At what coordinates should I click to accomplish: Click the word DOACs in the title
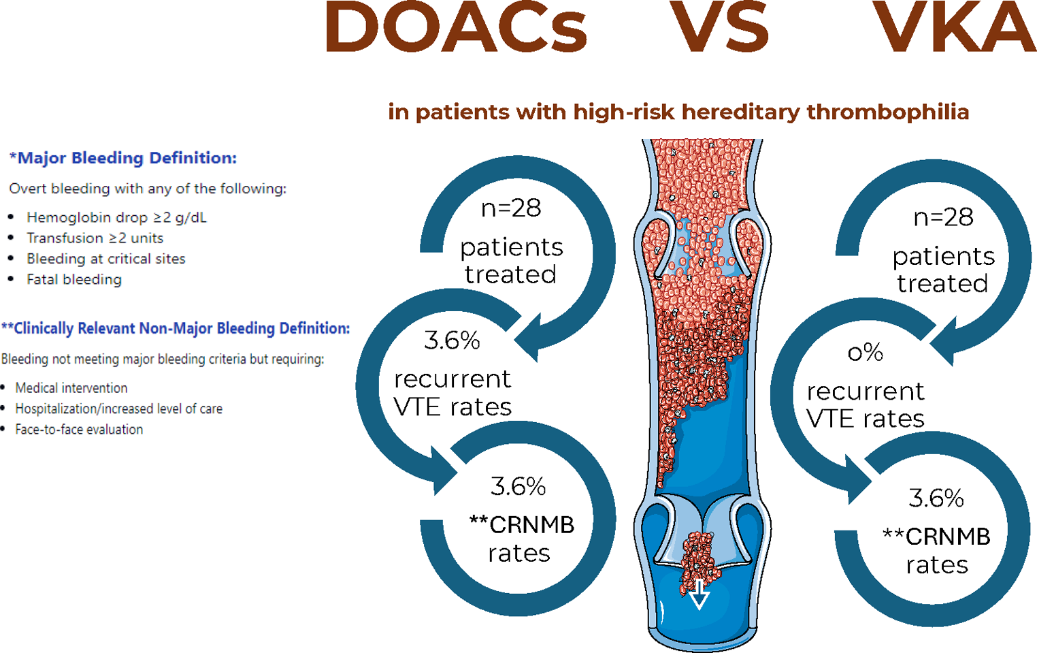[456, 27]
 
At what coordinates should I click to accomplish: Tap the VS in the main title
[719, 27]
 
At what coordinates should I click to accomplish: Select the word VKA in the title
[954, 27]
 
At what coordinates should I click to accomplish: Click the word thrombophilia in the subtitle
[888, 112]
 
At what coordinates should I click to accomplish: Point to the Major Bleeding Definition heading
[122, 158]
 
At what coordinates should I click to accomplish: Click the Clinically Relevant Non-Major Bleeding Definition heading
[176, 328]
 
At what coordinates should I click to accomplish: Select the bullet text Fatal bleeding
[74, 280]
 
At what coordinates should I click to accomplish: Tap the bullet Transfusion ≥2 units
[95, 238]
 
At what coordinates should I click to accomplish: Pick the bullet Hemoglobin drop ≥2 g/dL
[116, 217]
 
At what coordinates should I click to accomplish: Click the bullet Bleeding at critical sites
[106, 259]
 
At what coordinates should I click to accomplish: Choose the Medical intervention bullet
[71, 388]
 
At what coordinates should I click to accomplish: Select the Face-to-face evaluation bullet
[79, 430]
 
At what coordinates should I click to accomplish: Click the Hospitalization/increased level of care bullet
[119, 409]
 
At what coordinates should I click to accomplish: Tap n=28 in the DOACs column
[511, 208]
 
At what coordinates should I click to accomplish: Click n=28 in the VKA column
[944, 218]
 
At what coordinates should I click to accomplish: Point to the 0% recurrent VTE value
[866, 353]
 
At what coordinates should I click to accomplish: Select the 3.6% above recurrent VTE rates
[452, 341]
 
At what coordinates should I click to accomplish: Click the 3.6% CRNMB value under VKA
[936, 499]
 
